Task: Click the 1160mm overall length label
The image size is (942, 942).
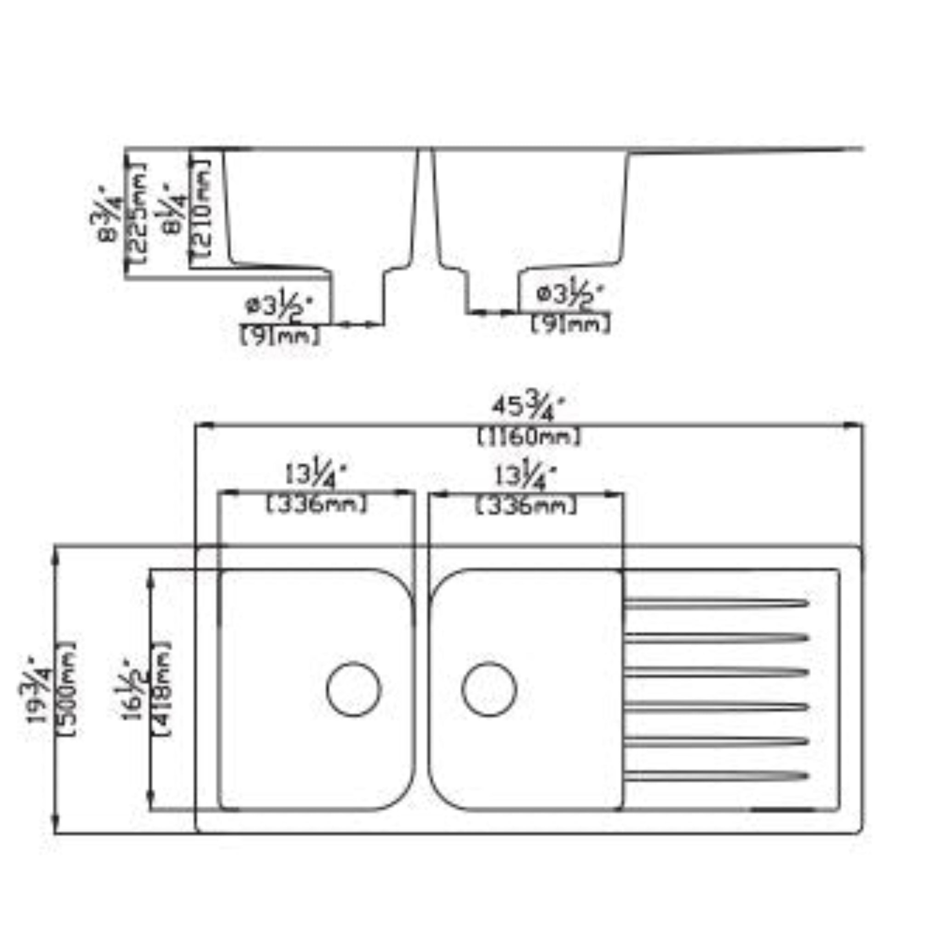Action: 529,437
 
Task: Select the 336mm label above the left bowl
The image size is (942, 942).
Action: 316,504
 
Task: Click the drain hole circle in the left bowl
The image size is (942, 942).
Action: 354,689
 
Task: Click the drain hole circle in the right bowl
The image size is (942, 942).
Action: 488,689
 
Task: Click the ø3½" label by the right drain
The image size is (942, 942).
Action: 569,295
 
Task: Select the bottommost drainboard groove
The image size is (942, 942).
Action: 716,776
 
